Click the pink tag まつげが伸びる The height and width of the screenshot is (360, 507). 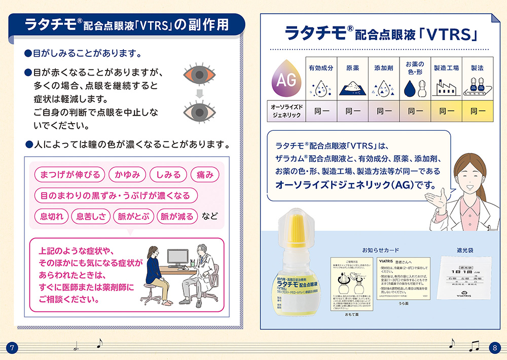(70, 175)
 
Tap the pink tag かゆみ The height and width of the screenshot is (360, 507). (127, 175)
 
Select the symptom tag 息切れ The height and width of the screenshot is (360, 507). (51, 217)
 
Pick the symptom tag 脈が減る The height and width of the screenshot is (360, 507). (177, 217)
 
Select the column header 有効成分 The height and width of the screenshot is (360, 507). (321, 67)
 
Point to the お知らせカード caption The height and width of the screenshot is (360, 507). (380, 250)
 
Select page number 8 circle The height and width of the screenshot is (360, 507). (495, 348)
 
